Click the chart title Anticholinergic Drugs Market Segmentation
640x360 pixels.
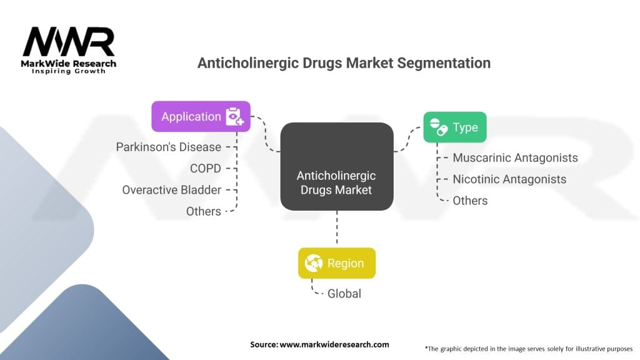pos(344,63)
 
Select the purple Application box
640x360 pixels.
pos(201,116)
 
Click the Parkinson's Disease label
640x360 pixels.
pos(169,147)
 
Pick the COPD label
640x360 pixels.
pos(206,168)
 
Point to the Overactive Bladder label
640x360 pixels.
pos(171,189)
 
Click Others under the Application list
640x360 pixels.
pos(204,211)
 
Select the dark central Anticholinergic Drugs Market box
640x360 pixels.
pos(336,166)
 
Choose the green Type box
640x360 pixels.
pos(454,127)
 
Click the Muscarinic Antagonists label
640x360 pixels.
pos(515,157)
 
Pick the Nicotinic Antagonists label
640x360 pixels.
pos(509,179)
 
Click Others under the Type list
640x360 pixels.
pos(470,201)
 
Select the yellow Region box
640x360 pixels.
pos(336,263)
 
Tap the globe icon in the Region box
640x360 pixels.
pos(313,263)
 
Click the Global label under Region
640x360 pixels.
pos(344,293)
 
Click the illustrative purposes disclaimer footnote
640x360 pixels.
pos(528,348)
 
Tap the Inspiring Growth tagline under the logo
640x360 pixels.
pos(69,71)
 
